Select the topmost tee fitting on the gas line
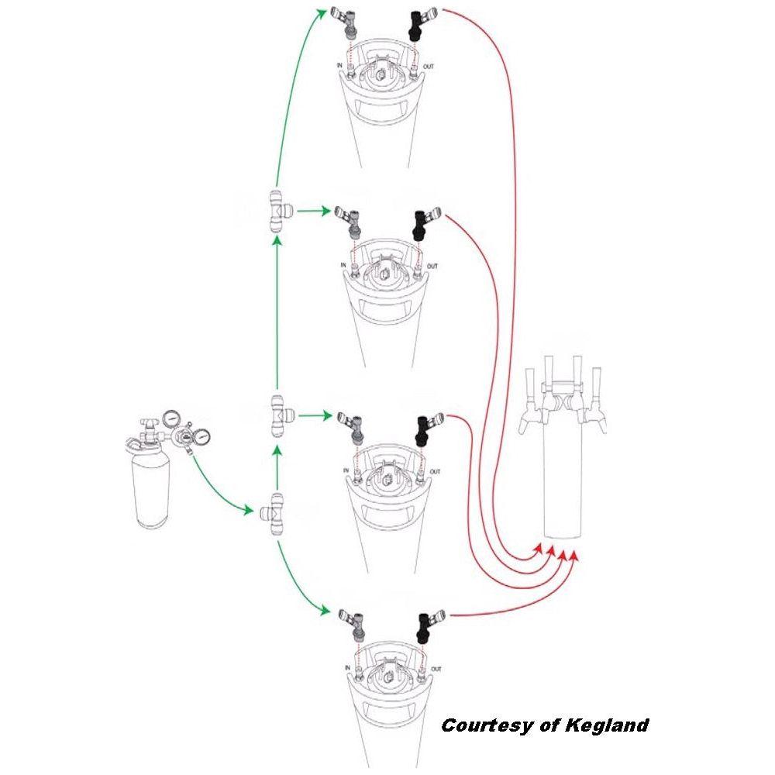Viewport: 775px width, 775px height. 277,211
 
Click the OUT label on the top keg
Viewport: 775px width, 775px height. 429,67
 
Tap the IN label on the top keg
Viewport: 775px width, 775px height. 339,67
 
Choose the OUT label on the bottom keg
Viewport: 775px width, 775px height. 436,669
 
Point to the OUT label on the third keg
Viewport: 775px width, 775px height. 435,471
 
